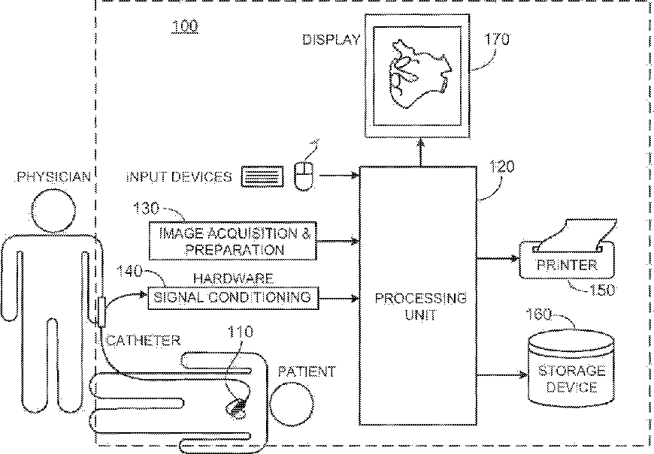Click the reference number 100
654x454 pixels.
click(185, 28)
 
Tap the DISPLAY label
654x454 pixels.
click(332, 40)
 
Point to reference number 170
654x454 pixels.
click(497, 38)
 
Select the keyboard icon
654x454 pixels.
click(262, 177)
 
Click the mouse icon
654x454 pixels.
click(304, 177)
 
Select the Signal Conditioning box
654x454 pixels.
click(232, 297)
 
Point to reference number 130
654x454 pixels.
click(147, 207)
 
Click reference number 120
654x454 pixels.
click(502, 167)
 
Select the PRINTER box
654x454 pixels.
click(568, 264)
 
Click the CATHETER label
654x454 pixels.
click(143, 341)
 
